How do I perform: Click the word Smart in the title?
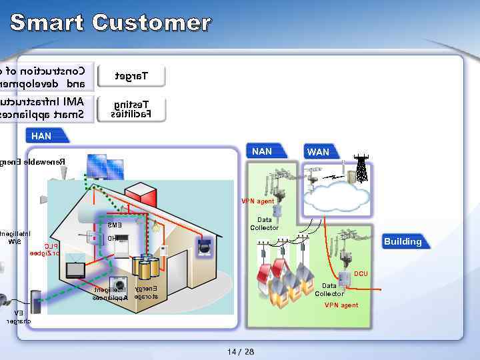pos(47,23)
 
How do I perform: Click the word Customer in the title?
pos(152,23)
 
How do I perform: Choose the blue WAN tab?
pos(318,152)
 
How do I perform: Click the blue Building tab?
pos(403,241)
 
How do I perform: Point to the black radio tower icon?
pos(361,169)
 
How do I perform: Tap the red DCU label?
pos(361,274)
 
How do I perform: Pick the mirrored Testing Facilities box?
pos(131,109)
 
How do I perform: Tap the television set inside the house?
pos(75,269)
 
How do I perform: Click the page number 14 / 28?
pos(240,351)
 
